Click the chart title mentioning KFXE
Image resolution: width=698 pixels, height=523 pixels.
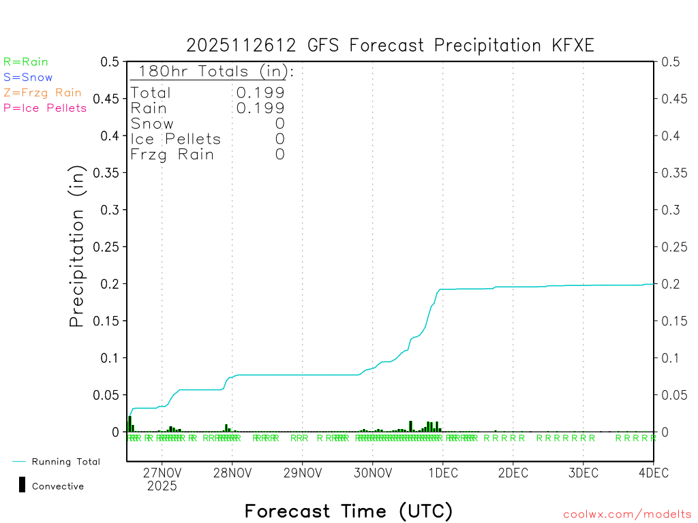pyautogui.click(x=390, y=46)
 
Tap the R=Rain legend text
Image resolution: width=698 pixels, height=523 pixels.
pyautogui.click(x=26, y=62)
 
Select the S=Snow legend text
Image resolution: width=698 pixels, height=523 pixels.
pyautogui.click(x=28, y=78)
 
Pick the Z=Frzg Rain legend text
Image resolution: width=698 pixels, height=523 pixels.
pyautogui.click(x=42, y=93)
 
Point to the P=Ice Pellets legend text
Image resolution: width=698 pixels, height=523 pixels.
pyautogui.click(x=45, y=108)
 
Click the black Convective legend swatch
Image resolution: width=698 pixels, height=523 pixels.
pyautogui.click(x=22, y=484)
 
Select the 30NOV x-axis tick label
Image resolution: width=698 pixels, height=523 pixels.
pyautogui.click(x=372, y=472)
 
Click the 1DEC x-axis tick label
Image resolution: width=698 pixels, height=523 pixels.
pyautogui.click(x=442, y=472)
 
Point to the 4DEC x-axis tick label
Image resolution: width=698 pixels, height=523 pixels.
pyautogui.click(x=653, y=472)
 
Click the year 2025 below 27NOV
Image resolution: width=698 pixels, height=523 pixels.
pyautogui.click(x=162, y=486)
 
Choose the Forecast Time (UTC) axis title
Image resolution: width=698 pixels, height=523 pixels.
pyautogui.click(x=348, y=511)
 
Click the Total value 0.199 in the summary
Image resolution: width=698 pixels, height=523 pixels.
pyautogui.click(x=260, y=93)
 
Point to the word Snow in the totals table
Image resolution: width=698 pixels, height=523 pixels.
pyautogui.click(x=152, y=124)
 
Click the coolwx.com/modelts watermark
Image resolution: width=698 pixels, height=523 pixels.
pyautogui.click(x=627, y=514)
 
